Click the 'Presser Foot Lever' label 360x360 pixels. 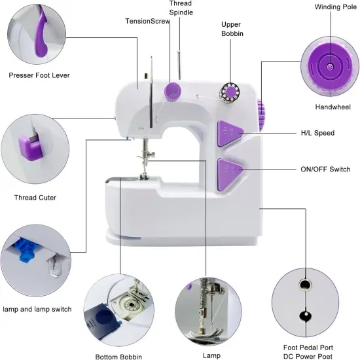coord(39,75)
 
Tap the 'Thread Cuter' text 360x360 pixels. coord(35,198)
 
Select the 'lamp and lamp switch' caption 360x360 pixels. coord(37,309)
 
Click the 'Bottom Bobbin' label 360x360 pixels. coord(118,357)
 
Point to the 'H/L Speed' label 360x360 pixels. coord(317,133)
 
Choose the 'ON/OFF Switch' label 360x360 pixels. coord(325,170)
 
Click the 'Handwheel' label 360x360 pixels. coord(333,107)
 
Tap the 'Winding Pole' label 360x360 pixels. coord(336,7)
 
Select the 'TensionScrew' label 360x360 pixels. coord(148,21)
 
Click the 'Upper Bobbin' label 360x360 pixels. coord(232,29)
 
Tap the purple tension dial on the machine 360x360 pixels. coord(172,92)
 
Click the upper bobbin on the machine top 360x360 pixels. coord(230,92)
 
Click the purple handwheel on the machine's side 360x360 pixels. coord(261,115)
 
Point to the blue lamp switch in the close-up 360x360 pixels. coord(26,250)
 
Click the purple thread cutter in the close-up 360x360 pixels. coord(30,147)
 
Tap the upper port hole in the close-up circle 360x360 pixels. coord(305,285)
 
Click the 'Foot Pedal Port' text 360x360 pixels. coord(308,348)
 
